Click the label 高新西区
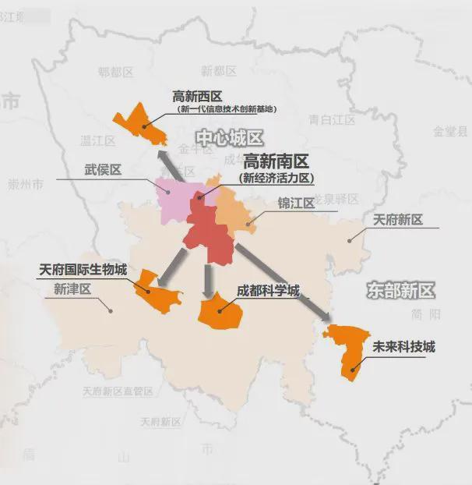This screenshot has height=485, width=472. (x=197, y=97)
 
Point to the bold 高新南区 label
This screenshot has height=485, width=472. (x=277, y=162)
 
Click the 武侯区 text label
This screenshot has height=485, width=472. (x=103, y=169)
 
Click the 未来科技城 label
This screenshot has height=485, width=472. (x=403, y=346)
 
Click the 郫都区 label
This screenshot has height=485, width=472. (x=116, y=72)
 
